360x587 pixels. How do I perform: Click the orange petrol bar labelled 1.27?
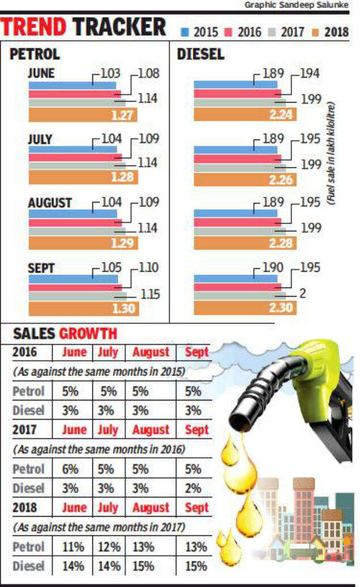tap(83, 116)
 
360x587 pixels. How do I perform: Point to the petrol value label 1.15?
tap(150, 295)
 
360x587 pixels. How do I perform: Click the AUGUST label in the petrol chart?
tap(49, 202)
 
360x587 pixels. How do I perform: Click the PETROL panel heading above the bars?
tap(35, 55)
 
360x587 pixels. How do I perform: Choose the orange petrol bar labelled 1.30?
tap(83, 309)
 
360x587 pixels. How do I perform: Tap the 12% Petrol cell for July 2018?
tap(108, 547)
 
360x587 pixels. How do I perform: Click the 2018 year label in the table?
tap(25, 508)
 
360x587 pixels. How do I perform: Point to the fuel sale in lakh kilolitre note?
tap(332, 153)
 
